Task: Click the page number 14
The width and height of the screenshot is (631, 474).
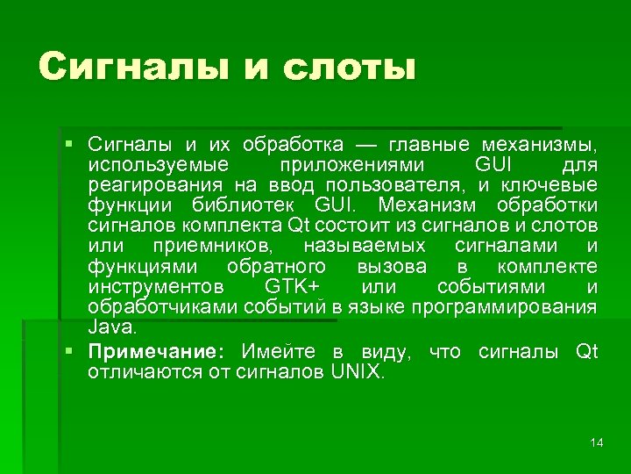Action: pyautogui.click(x=597, y=442)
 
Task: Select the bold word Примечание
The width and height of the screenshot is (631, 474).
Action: pyautogui.click(x=155, y=353)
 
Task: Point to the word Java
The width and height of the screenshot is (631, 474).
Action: pyautogui.click(x=111, y=327)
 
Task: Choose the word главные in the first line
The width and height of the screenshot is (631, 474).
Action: pyautogui.click(x=430, y=143)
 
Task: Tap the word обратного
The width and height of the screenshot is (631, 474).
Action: pyautogui.click(x=276, y=267)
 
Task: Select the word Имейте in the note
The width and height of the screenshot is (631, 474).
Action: pyautogui.click(x=279, y=353)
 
